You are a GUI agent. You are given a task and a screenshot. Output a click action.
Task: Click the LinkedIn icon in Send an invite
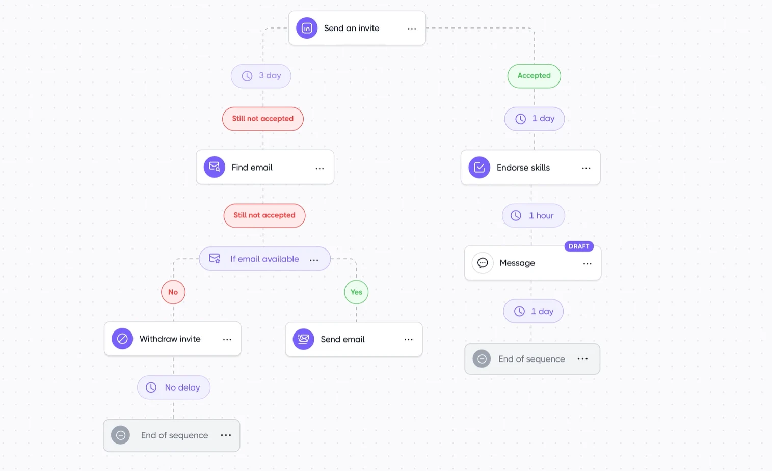click(307, 29)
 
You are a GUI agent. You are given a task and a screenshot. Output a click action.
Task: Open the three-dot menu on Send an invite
click(412, 29)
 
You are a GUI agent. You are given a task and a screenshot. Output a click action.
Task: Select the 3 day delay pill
click(261, 76)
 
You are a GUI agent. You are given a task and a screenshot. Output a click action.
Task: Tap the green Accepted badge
click(534, 76)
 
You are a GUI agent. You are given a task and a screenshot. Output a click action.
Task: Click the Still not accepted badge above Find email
click(263, 119)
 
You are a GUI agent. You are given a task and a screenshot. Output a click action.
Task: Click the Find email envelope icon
click(215, 167)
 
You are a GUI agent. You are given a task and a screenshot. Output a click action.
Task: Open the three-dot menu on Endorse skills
click(586, 168)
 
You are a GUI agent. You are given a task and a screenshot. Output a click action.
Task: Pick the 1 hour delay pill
click(534, 216)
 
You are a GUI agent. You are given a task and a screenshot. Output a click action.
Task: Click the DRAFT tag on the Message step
click(579, 246)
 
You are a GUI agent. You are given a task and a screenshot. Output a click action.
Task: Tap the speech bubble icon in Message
click(483, 263)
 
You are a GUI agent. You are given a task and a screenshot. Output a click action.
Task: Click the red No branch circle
click(173, 292)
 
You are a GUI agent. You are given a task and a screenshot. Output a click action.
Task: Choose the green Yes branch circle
click(356, 292)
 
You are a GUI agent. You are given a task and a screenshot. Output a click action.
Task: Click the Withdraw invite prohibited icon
click(122, 339)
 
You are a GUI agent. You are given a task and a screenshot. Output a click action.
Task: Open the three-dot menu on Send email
click(408, 340)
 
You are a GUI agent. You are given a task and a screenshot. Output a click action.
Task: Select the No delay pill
click(174, 387)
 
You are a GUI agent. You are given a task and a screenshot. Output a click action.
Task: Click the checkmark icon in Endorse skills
click(480, 168)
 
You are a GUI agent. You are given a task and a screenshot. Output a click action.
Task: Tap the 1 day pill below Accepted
click(535, 119)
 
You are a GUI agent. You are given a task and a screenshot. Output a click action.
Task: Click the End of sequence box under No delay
click(172, 435)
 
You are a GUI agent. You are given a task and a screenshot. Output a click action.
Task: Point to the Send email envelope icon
click(303, 339)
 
